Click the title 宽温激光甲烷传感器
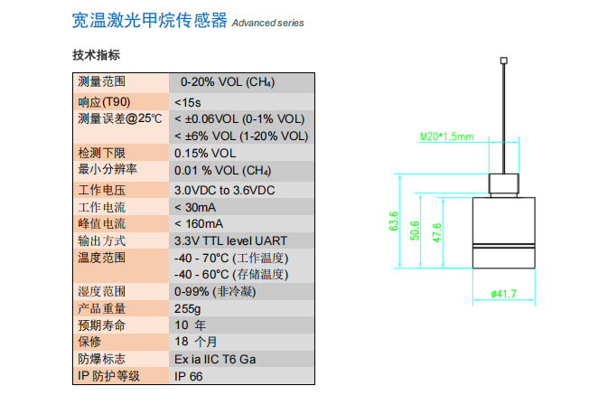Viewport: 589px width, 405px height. point(149,21)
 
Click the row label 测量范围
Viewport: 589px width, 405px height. point(101,82)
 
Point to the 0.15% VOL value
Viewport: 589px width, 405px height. point(204,153)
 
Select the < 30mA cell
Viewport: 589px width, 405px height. point(198,207)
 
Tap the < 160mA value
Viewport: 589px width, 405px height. point(201,224)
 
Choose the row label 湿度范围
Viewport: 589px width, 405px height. point(101,292)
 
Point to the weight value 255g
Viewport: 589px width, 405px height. point(188,308)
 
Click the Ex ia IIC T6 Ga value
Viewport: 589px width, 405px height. point(216,359)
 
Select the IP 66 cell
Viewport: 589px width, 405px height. point(190,376)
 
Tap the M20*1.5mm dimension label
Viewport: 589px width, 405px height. point(446,137)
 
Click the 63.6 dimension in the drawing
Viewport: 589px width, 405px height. point(394,221)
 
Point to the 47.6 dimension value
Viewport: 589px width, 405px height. point(437,231)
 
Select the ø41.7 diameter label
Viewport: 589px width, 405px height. point(503,293)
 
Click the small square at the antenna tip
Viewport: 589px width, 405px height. point(504,61)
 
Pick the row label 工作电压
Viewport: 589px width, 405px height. point(101,190)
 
